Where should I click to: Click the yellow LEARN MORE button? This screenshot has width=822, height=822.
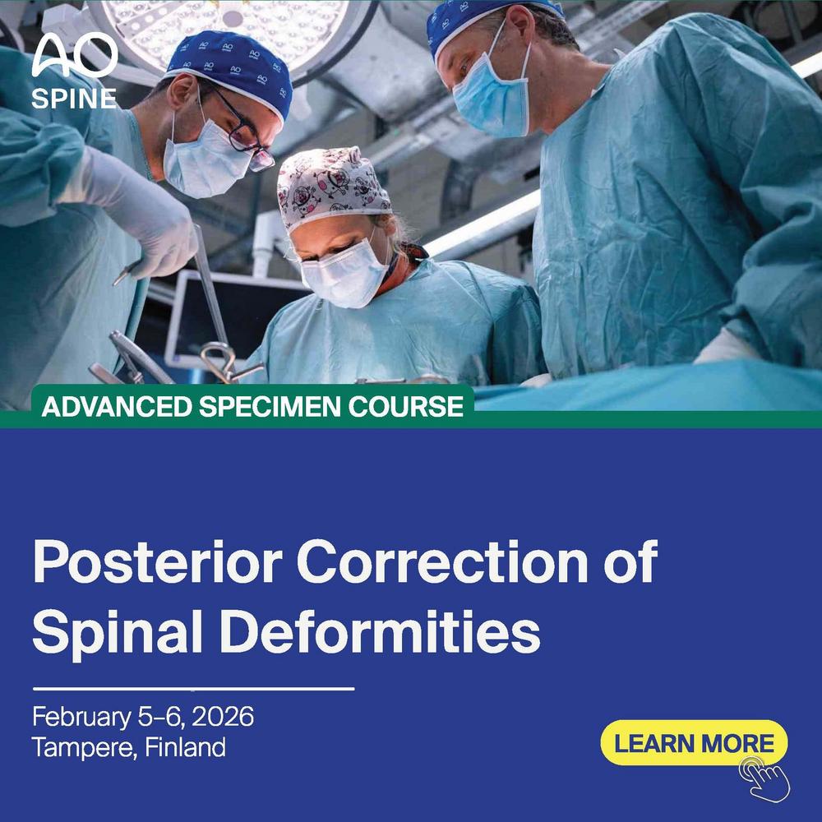[694, 742]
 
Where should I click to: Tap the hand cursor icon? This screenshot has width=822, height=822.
[764, 779]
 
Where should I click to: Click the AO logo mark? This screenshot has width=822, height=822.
[75, 55]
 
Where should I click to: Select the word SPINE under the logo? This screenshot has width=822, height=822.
[74, 98]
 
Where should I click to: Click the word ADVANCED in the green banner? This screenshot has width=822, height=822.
[117, 406]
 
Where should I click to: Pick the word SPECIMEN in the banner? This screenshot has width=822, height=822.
[270, 406]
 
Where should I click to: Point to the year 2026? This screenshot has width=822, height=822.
[223, 716]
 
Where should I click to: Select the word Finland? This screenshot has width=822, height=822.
[185, 747]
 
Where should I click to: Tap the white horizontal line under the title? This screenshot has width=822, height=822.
[193, 688]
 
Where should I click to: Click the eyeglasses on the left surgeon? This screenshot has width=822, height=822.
[244, 130]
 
